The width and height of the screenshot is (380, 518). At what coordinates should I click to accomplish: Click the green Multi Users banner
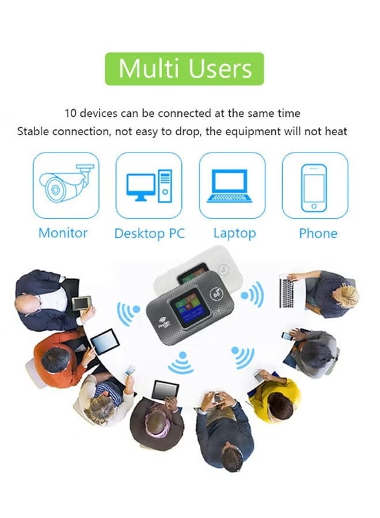point(185,69)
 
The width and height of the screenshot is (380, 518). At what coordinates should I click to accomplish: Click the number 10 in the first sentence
point(71,113)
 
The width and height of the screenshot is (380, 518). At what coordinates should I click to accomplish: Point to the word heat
point(336,131)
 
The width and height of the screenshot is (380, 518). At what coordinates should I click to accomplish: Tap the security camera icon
point(66,185)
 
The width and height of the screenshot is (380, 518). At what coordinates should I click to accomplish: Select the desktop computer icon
point(149,185)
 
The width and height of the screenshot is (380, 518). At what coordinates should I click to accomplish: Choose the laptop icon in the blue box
point(232,185)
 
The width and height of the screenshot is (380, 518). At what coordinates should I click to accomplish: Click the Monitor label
point(63,233)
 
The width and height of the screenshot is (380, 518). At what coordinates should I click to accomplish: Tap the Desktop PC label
point(149,234)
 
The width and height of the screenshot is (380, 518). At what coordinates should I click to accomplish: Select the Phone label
point(318,234)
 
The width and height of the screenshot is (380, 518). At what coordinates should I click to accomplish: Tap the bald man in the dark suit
point(37,294)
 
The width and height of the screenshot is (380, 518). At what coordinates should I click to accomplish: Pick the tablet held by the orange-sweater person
point(104,342)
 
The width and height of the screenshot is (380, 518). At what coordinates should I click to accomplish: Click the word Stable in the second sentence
point(33,131)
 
